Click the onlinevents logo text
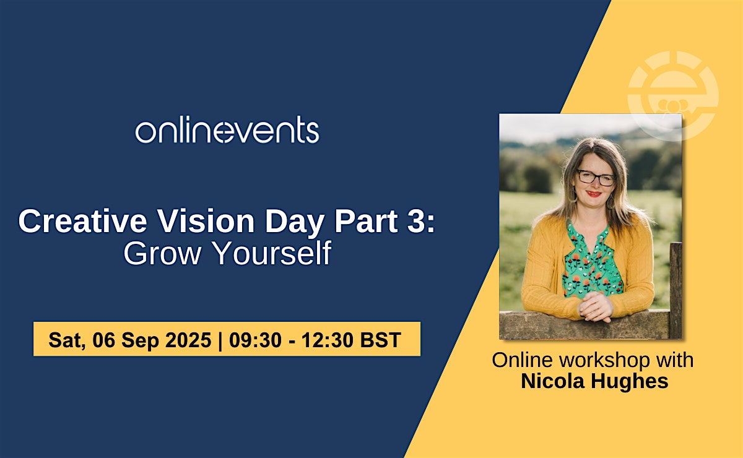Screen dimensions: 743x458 pyautogui.click(x=227, y=129)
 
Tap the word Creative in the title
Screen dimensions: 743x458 pyautogui.click(x=82, y=221)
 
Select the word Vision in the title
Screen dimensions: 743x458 pyautogui.click(x=206, y=221)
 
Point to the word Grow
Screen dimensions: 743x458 pyautogui.click(x=162, y=253)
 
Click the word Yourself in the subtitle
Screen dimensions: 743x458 pyautogui.click(x=272, y=253)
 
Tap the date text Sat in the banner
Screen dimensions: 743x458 pyautogui.click(x=67, y=340)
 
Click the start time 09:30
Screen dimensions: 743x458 pyautogui.click(x=255, y=340)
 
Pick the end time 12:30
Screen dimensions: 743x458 pyautogui.click(x=327, y=340)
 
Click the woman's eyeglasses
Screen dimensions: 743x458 pyautogui.click(x=596, y=178)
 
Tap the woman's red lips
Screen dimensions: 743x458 pyautogui.click(x=594, y=194)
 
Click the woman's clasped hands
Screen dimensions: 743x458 pyautogui.click(x=596, y=307)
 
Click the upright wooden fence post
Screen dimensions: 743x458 pyautogui.click(x=676, y=290)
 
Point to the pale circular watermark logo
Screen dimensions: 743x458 pyautogui.click(x=674, y=96)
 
